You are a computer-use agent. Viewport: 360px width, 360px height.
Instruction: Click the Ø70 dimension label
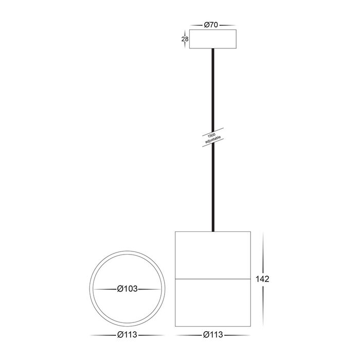[x=211, y=25]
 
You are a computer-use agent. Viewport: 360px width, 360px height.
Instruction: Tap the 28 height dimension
[x=185, y=39]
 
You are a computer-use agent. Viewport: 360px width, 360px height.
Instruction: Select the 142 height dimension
[x=262, y=279]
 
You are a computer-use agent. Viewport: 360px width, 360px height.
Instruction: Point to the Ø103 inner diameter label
[x=127, y=289]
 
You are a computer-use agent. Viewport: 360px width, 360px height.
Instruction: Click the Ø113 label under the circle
[x=127, y=335]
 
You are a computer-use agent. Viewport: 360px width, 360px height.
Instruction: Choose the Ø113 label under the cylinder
[x=213, y=335]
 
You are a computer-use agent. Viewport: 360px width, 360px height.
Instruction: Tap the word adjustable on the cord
[x=213, y=140]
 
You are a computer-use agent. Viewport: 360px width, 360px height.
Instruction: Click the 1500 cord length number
[x=211, y=135]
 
